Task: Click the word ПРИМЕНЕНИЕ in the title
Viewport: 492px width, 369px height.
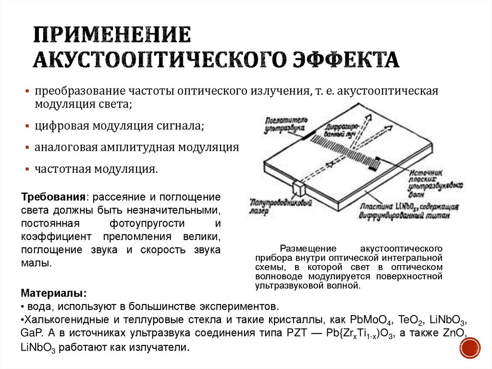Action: (111, 36)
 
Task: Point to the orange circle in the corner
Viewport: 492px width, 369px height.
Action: (470, 347)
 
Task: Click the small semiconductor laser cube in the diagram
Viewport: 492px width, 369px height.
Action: (300, 186)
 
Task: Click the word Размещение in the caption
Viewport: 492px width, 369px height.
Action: (304, 249)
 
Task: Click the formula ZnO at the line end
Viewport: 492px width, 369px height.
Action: (455, 333)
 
